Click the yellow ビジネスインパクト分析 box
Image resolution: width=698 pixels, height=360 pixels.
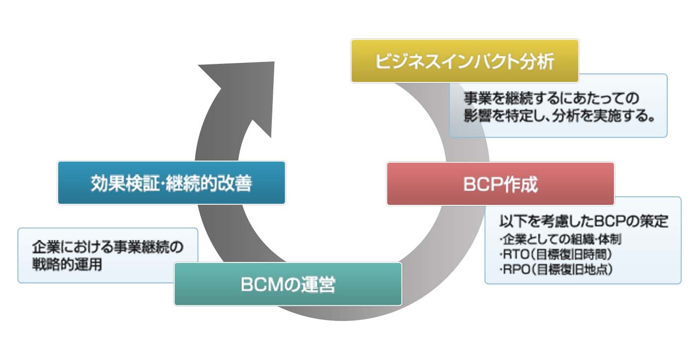464,61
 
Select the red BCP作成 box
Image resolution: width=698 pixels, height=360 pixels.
500,184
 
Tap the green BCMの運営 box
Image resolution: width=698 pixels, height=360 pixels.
288,284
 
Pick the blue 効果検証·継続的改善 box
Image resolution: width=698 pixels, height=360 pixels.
171,183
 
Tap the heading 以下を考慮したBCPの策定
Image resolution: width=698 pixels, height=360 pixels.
583,222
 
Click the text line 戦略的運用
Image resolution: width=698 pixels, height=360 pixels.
66,266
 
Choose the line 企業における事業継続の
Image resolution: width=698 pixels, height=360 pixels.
107,247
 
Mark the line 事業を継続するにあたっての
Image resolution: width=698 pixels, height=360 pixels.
552,98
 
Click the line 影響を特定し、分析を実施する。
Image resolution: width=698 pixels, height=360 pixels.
558,118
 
